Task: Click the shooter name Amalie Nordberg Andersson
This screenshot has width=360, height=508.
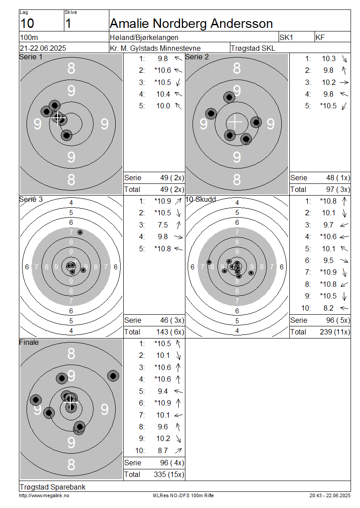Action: point(191,24)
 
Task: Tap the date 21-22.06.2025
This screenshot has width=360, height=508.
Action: point(43,48)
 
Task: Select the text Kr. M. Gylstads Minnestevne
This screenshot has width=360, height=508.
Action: point(155,48)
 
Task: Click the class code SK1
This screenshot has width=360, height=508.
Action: point(286,38)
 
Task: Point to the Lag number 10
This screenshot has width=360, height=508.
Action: point(27,24)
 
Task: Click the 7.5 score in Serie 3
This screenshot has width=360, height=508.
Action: point(163,225)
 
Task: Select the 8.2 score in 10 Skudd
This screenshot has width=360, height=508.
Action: point(328,308)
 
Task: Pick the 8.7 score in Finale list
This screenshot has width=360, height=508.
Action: point(163,450)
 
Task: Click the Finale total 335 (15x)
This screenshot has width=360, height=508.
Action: point(169,475)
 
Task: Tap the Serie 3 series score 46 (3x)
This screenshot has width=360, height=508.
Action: point(172,321)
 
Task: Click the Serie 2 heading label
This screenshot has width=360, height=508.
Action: point(197,57)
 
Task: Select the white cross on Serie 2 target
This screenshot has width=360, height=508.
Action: point(235,122)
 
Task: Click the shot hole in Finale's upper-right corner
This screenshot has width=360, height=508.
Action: point(113,376)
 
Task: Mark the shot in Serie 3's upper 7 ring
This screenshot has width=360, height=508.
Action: point(80,232)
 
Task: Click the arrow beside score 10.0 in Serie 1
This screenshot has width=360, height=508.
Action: point(178,106)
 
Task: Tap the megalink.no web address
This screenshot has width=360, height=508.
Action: point(44,495)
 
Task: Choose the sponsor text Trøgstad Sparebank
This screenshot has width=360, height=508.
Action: point(53,487)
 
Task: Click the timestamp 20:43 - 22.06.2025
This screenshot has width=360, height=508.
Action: point(330,495)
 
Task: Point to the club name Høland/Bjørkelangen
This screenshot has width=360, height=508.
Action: point(144,38)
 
